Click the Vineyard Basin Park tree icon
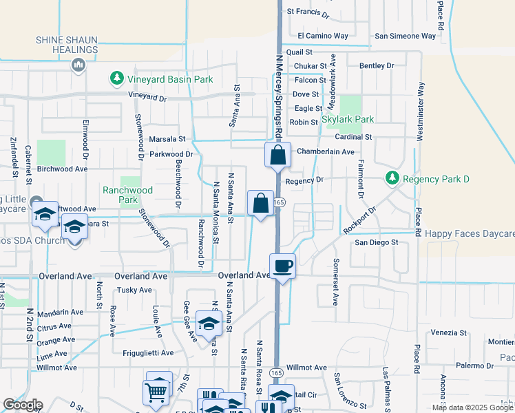click(x=117, y=79)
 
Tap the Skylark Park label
click(x=348, y=119)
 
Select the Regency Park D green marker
click(x=392, y=179)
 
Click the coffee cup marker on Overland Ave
click(x=282, y=265)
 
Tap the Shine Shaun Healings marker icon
click(x=78, y=65)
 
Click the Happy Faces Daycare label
click(x=470, y=234)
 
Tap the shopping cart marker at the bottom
click(x=156, y=392)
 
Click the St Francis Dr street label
click(x=308, y=12)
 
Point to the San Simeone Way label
click(x=406, y=36)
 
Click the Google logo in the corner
click(x=23, y=405)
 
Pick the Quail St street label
click(x=299, y=52)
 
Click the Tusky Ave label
click(x=134, y=290)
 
